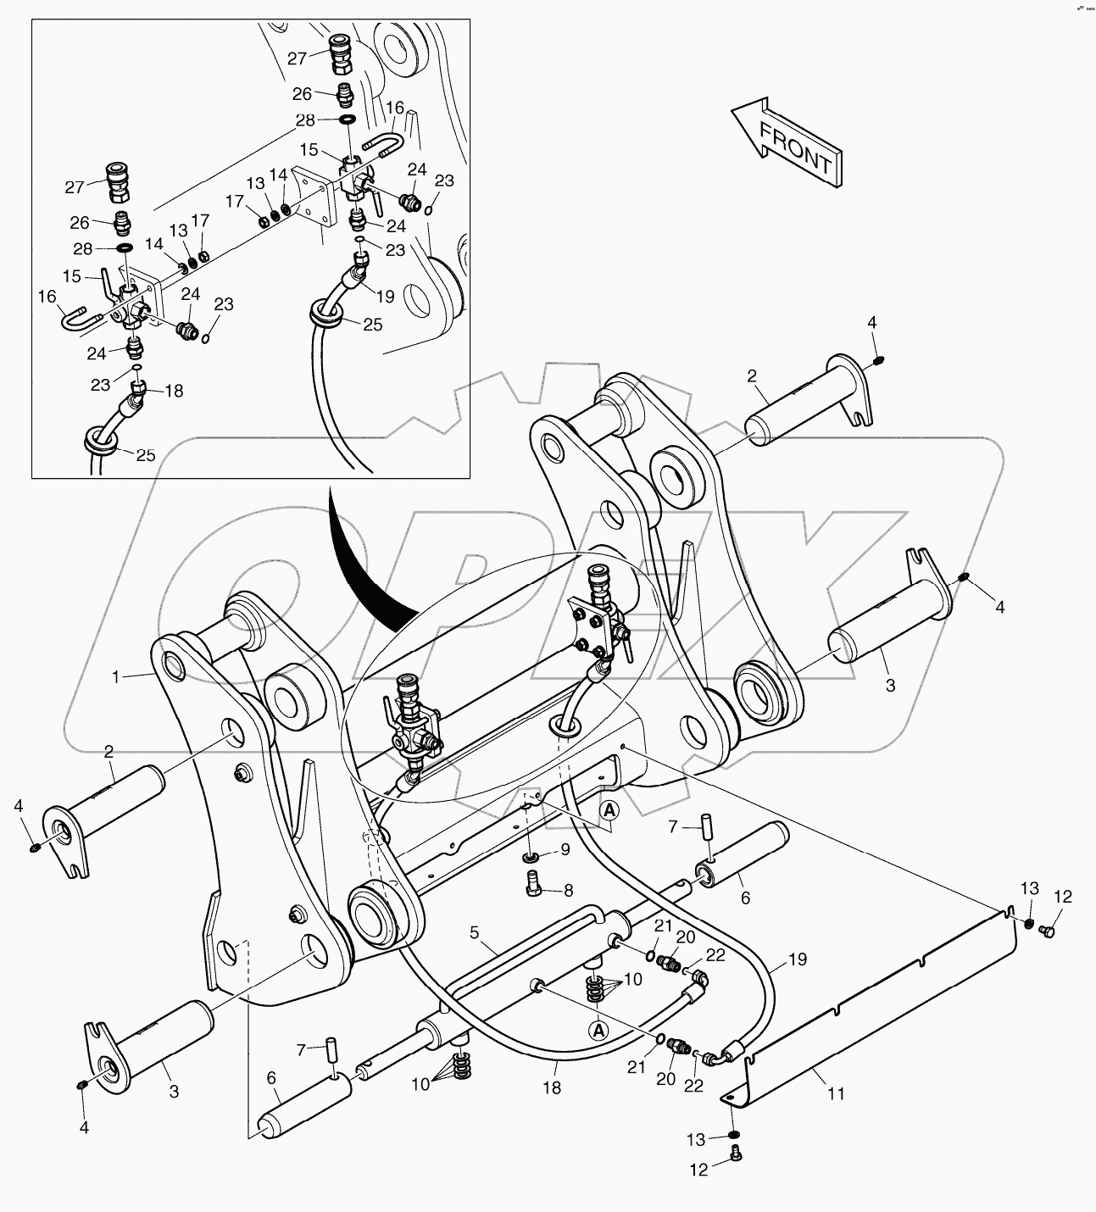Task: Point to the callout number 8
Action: [569, 891]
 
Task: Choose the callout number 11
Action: [836, 1093]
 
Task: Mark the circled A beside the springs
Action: [598, 1030]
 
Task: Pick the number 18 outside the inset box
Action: [552, 1087]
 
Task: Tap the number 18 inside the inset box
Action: [174, 392]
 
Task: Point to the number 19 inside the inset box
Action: [385, 297]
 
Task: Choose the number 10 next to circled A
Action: [633, 980]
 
